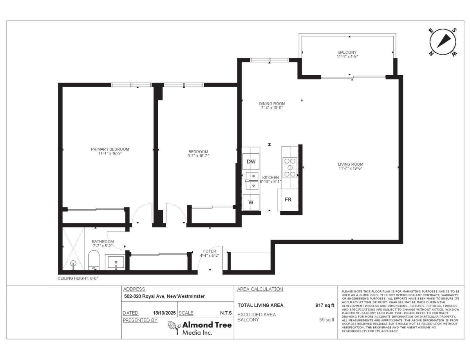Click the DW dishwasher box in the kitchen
point(251,161)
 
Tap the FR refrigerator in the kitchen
point(288,200)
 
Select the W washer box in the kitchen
point(251,202)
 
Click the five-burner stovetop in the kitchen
point(290,168)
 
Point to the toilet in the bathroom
point(94,260)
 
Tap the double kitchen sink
point(252,181)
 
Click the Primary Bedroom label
point(110,149)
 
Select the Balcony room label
point(347,53)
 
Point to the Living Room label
point(351,164)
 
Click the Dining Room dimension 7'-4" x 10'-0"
point(272,108)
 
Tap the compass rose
point(443,42)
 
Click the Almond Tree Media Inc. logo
point(200,328)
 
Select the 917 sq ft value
point(325,305)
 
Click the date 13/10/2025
point(164,313)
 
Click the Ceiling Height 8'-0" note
point(78,278)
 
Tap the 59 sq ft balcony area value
point(327,320)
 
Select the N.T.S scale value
point(226,313)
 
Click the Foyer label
point(210,251)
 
